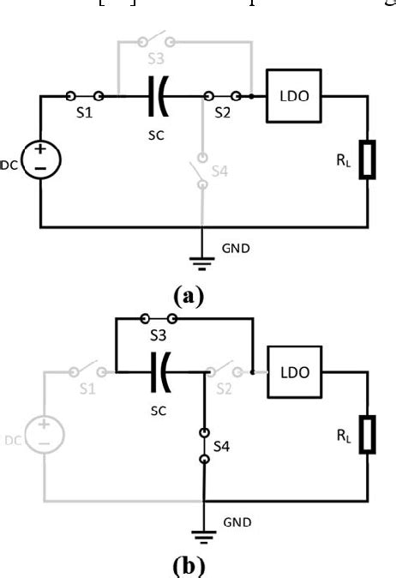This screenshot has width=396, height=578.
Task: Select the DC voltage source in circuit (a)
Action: coord(41,160)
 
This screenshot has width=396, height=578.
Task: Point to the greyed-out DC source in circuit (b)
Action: coord(41,436)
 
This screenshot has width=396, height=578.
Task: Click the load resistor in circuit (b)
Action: coord(368,436)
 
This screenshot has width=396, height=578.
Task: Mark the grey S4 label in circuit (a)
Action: coord(220,172)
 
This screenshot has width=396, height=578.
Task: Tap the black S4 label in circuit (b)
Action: coord(220,448)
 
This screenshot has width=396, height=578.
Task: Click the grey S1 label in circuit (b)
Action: coord(84,391)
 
